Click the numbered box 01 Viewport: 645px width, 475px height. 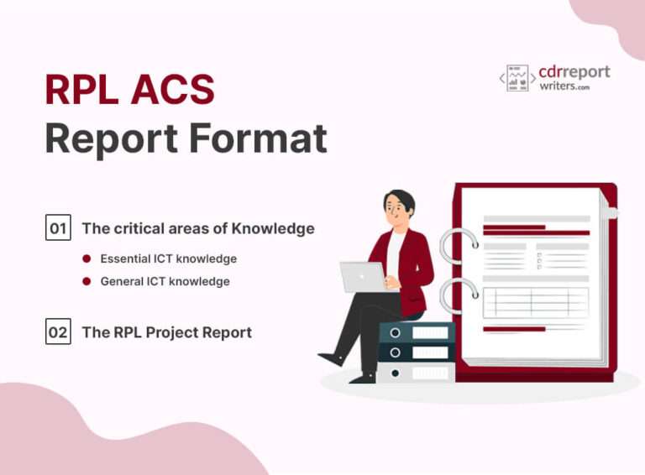(x=58, y=227)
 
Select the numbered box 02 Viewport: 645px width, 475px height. (x=58, y=332)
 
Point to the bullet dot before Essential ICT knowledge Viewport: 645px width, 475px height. (x=87, y=259)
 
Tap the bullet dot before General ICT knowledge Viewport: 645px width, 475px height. (x=87, y=282)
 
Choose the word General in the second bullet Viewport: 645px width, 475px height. (x=122, y=282)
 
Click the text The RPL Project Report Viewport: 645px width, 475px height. (x=166, y=332)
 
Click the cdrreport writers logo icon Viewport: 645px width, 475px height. (x=517, y=78)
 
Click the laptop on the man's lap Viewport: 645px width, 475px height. (x=362, y=276)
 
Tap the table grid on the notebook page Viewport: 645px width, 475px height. (x=535, y=301)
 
